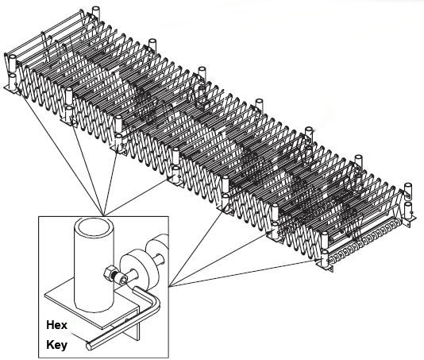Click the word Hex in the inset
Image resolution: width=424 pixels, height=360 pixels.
tap(56, 325)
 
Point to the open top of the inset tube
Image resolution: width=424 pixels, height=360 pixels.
tap(94, 226)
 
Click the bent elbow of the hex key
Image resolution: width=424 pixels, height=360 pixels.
tap(155, 298)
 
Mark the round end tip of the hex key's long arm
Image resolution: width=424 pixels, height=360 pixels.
tap(89, 346)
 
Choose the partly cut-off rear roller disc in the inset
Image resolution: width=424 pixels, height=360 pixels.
tap(157, 249)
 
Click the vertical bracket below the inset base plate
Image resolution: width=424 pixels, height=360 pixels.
tap(136, 325)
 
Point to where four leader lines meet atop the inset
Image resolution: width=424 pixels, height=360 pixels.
tap(103, 216)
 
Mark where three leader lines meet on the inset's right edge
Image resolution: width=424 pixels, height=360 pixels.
tap(169, 286)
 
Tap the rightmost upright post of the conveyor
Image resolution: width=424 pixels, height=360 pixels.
tap(408, 192)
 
